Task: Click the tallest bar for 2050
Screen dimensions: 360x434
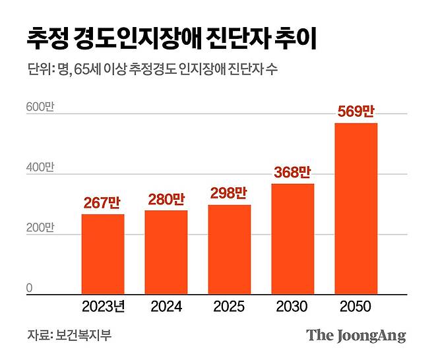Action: [x=356, y=208]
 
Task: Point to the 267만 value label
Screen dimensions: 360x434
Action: [x=102, y=204]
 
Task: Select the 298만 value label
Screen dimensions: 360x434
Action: [x=229, y=194]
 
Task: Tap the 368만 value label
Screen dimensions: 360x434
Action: [x=292, y=173]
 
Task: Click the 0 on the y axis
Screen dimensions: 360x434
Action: [x=30, y=287]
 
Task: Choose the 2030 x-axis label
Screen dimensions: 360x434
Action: [x=292, y=307]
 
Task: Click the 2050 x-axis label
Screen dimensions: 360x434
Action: [x=356, y=307]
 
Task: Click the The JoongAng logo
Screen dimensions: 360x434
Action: [x=356, y=335]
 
